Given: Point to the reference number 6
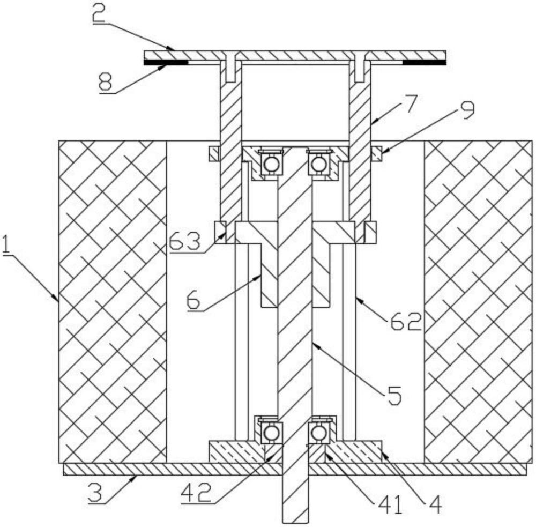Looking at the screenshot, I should point(194,300).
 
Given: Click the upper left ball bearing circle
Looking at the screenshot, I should point(271,164).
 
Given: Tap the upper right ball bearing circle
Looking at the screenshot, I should point(318,164).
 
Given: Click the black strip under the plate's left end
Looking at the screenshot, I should point(166,62).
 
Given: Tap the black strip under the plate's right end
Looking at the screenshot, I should point(425,62).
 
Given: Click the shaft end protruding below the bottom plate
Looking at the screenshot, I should point(295,499).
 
